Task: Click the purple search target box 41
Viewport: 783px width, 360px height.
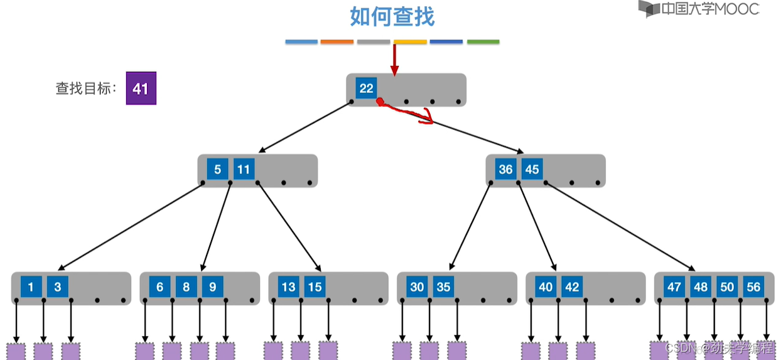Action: point(141,89)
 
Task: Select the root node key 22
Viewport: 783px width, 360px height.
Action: point(366,89)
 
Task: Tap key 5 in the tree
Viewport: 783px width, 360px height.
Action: point(217,169)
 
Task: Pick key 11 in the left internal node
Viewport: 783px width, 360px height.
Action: point(244,169)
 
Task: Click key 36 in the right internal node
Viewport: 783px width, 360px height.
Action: point(505,169)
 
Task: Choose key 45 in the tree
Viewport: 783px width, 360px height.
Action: point(532,169)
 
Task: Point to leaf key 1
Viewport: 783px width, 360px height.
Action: point(31,287)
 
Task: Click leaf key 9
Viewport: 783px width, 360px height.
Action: point(212,287)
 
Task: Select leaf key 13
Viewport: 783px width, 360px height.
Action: point(288,287)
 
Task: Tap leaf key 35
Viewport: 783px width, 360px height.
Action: point(443,287)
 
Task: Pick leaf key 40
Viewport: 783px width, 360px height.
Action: point(546,287)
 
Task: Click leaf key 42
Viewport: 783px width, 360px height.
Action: point(572,287)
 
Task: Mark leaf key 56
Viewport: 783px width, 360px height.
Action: point(753,287)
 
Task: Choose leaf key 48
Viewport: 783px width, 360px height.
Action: point(701,287)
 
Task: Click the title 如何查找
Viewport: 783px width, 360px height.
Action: point(392,17)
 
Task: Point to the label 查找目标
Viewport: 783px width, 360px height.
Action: point(86,89)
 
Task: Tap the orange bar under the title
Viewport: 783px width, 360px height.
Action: point(337,42)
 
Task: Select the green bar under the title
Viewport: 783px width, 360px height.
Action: point(483,42)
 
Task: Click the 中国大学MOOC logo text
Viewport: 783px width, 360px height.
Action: point(710,9)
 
